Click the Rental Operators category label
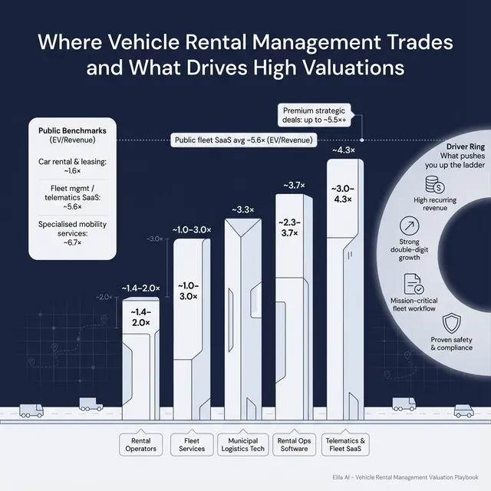(140, 444)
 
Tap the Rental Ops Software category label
(294, 444)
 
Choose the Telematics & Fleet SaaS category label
(347, 444)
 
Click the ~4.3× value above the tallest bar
(342, 150)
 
